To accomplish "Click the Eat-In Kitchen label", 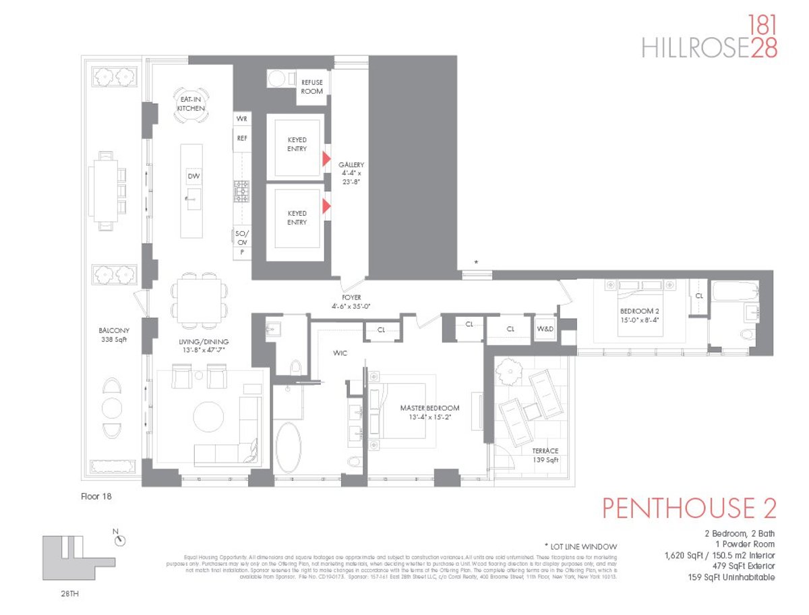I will pos(191,103).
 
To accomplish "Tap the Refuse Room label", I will pos(312,86).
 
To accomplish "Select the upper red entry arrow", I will pos(326,159).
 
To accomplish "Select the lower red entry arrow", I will pos(326,206).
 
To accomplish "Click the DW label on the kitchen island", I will pos(193,176).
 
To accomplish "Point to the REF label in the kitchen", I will pos(242,138).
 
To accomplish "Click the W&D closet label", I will pos(544,329).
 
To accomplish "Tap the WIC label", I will pos(340,353).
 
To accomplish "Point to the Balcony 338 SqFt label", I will pos(113,335).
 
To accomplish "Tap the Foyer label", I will pos(351,301).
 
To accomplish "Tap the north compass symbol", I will pos(120,540).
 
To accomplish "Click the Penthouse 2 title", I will pos(689,508).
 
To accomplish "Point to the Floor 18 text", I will pos(94,497).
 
